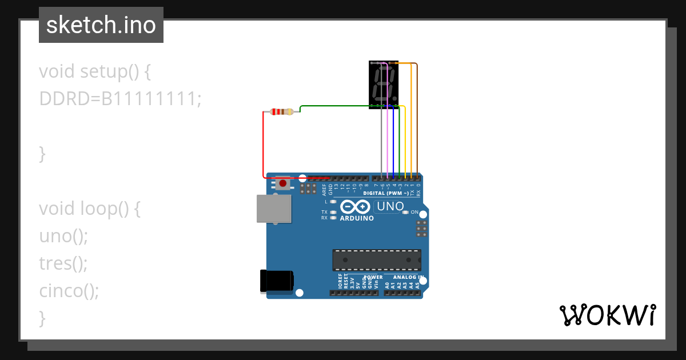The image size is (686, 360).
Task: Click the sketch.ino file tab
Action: click(x=101, y=25)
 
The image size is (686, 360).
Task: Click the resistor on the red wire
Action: click(x=282, y=111)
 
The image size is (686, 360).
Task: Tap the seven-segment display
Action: click(x=384, y=84)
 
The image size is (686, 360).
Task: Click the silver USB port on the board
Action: click(x=273, y=208)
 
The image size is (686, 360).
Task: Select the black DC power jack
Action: click(x=277, y=281)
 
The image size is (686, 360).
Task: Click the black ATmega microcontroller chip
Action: click(x=377, y=259)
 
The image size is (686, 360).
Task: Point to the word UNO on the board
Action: click(x=390, y=206)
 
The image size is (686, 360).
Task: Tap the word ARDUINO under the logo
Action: click(x=357, y=218)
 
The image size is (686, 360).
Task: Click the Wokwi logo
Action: click(x=607, y=315)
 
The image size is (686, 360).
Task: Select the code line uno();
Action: click(x=63, y=235)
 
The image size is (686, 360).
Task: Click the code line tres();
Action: click(x=63, y=263)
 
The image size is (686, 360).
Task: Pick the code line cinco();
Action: click(x=69, y=290)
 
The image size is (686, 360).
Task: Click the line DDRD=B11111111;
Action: click(x=120, y=99)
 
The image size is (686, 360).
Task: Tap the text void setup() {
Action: click(x=95, y=71)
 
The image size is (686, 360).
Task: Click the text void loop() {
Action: click(x=90, y=209)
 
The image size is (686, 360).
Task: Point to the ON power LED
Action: click(x=405, y=212)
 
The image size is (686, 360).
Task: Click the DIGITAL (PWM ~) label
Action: click(x=386, y=193)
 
